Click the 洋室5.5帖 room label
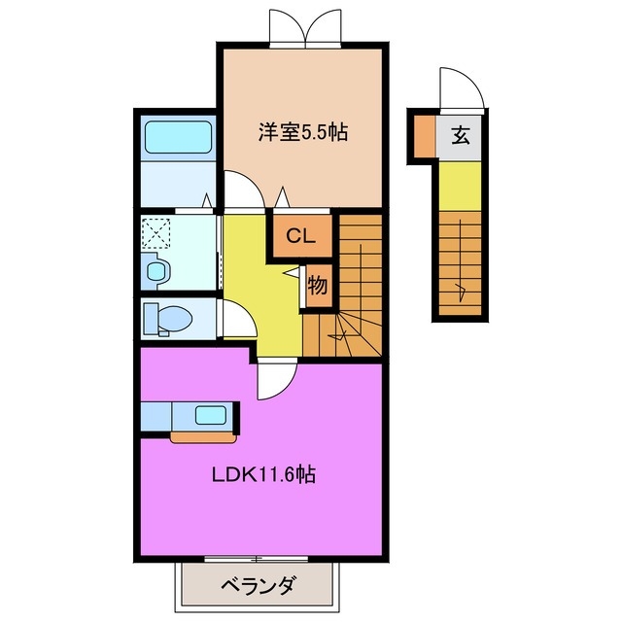[302, 133]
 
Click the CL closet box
[298, 235]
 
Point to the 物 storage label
[317, 286]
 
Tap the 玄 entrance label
[461, 136]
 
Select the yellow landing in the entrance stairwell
[459, 184]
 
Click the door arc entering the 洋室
[240, 189]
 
